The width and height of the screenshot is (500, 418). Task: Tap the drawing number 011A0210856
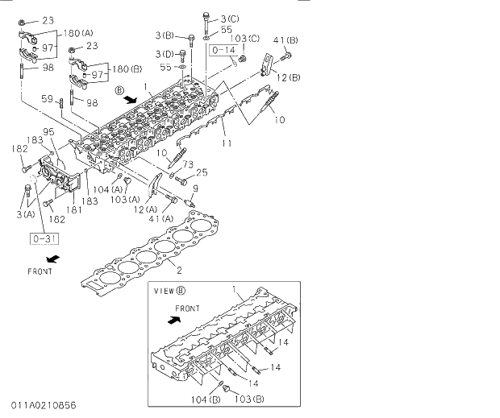[x=44, y=404]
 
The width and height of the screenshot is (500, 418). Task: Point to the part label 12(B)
[x=288, y=77]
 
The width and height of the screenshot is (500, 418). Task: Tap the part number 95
[x=48, y=131]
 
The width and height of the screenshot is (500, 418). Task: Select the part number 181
[x=74, y=210]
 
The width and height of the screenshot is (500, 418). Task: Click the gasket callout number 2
[x=179, y=270]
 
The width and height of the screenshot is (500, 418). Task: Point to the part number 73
[x=187, y=164]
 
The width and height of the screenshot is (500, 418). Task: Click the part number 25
[x=202, y=172]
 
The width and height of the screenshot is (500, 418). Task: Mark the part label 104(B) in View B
[x=204, y=399]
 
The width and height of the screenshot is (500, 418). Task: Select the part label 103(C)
[x=245, y=38]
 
